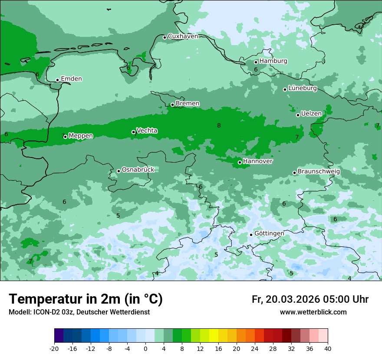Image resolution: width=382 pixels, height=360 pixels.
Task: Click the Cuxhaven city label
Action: click(183, 36)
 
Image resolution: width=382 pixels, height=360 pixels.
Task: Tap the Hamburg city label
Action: click(273, 61)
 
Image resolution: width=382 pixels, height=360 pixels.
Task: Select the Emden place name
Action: click(71, 79)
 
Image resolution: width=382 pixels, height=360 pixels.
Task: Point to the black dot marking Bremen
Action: click(172, 105)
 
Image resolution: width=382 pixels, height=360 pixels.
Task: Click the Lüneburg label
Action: click(303, 88)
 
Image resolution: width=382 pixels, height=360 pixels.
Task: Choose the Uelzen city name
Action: click(311, 114)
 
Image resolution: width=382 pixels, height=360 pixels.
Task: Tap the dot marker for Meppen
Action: click(65, 137)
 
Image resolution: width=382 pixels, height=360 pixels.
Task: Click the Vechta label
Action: click(147, 131)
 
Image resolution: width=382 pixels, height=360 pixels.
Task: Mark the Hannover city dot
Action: click(240, 162)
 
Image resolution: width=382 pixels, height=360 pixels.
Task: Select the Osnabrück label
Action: click(138, 170)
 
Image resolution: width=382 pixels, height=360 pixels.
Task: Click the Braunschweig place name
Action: click(319, 172)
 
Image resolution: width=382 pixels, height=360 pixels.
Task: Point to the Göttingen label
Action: click(269, 233)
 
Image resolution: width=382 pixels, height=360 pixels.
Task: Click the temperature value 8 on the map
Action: click(219, 126)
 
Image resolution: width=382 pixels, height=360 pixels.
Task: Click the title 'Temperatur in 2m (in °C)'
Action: click(86, 299)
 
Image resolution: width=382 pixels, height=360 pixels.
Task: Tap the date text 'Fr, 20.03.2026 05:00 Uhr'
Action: click(310, 300)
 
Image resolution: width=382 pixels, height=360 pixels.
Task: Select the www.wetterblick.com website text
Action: click(313, 312)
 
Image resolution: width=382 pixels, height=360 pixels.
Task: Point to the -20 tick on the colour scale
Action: click(54, 349)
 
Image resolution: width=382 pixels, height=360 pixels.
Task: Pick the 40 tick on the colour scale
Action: click(327, 349)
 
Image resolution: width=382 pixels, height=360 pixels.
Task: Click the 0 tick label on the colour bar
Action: click(145, 349)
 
